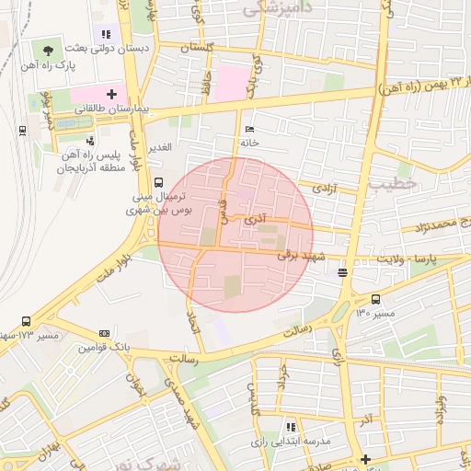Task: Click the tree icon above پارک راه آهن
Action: click(48, 50)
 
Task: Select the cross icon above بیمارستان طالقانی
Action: click(112, 94)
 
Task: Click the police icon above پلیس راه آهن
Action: click(90, 141)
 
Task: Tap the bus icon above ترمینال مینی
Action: click(159, 182)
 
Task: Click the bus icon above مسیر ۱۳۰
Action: click(375, 299)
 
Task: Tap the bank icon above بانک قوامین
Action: click(104, 333)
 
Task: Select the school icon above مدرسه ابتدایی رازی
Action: click(291, 427)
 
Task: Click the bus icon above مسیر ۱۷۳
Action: click(26, 322)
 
